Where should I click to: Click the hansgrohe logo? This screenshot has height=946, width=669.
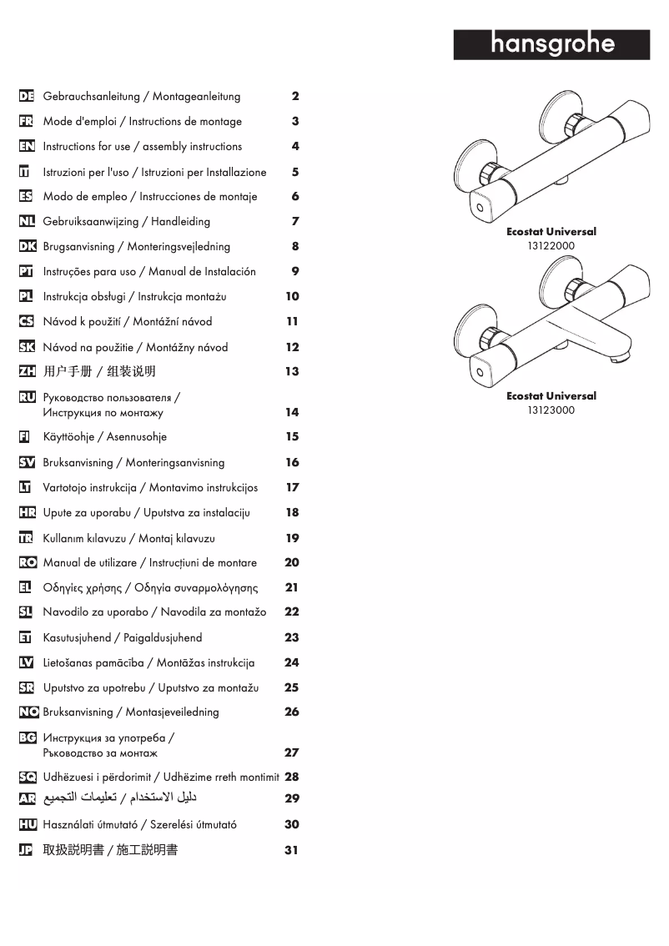click(551, 44)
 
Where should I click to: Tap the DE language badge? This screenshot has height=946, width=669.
click(27, 96)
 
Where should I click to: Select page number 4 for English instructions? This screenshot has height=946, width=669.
click(295, 146)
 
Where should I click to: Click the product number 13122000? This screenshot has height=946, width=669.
click(551, 246)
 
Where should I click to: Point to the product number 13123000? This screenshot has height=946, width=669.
click(551, 410)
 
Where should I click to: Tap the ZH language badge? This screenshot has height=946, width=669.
click(27, 371)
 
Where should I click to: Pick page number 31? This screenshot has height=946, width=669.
click(291, 851)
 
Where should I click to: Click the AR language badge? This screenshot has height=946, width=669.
click(27, 798)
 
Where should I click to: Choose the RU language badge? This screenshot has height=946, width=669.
click(27, 397)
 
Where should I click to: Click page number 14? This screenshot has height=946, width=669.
click(291, 412)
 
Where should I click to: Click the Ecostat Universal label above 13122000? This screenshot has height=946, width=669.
click(551, 232)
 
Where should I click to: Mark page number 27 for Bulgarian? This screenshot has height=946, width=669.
click(291, 752)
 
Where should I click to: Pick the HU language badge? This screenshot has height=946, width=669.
click(27, 824)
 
